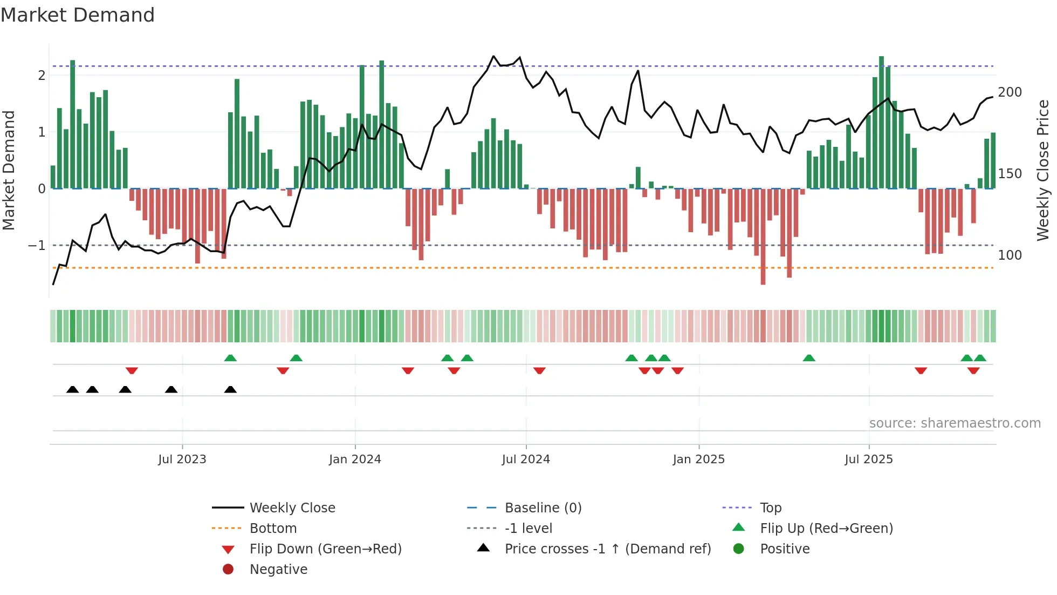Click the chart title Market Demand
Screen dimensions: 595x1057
[x=78, y=15]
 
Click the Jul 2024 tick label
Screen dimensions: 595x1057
[x=526, y=459]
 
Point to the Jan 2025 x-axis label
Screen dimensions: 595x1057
[x=698, y=459]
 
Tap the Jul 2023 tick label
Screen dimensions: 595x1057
[x=182, y=459]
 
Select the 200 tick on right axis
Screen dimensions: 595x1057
[x=1010, y=92]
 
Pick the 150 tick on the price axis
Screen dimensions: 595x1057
[x=1010, y=174]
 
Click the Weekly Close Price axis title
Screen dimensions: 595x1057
[x=1043, y=170]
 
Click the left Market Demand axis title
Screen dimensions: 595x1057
[x=9, y=170]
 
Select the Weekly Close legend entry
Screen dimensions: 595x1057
[x=292, y=508]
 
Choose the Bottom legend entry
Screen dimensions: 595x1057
[x=273, y=529]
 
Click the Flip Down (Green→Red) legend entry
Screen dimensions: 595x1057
[x=325, y=549]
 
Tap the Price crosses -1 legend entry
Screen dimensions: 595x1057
[x=607, y=549]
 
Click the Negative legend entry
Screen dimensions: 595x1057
[x=278, y=570]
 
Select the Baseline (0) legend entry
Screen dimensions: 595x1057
[x=543, y=508]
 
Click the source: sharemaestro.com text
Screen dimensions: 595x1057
[x=955, y=423]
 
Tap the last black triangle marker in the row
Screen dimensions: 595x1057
[x=230, y=390]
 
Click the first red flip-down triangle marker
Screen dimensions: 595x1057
[x=132, y=370]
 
